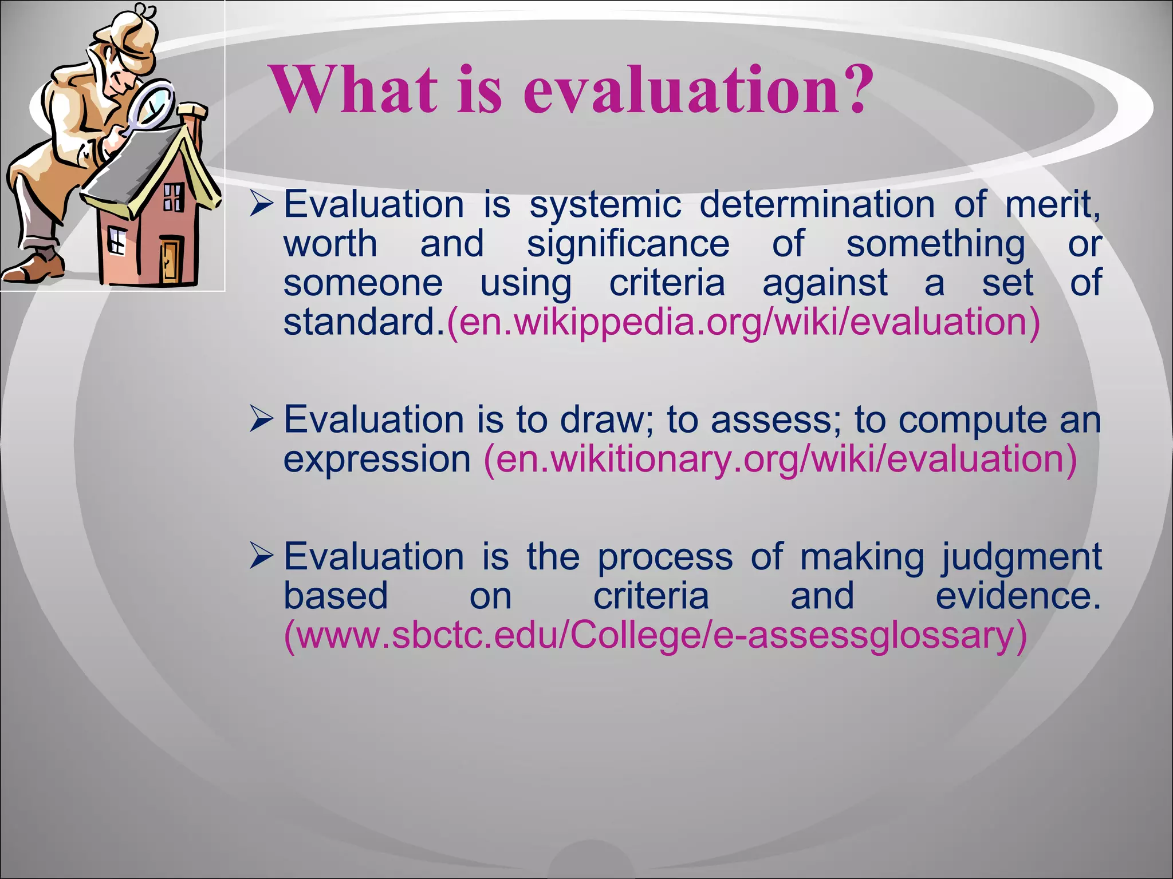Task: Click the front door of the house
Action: coord(170,260)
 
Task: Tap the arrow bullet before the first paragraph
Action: coord(262,204)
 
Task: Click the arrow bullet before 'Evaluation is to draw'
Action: coord(262,420)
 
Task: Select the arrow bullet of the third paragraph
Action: coord(262,557)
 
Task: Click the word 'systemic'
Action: coord(605,205)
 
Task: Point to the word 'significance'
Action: coord(628,244)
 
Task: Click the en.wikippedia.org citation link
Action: coord(743,322)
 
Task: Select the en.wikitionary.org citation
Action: coord(780,460)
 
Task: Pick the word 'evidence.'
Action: coord(1018,596)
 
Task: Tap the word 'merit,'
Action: coord(1052,205)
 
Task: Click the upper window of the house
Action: coord(174,197)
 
